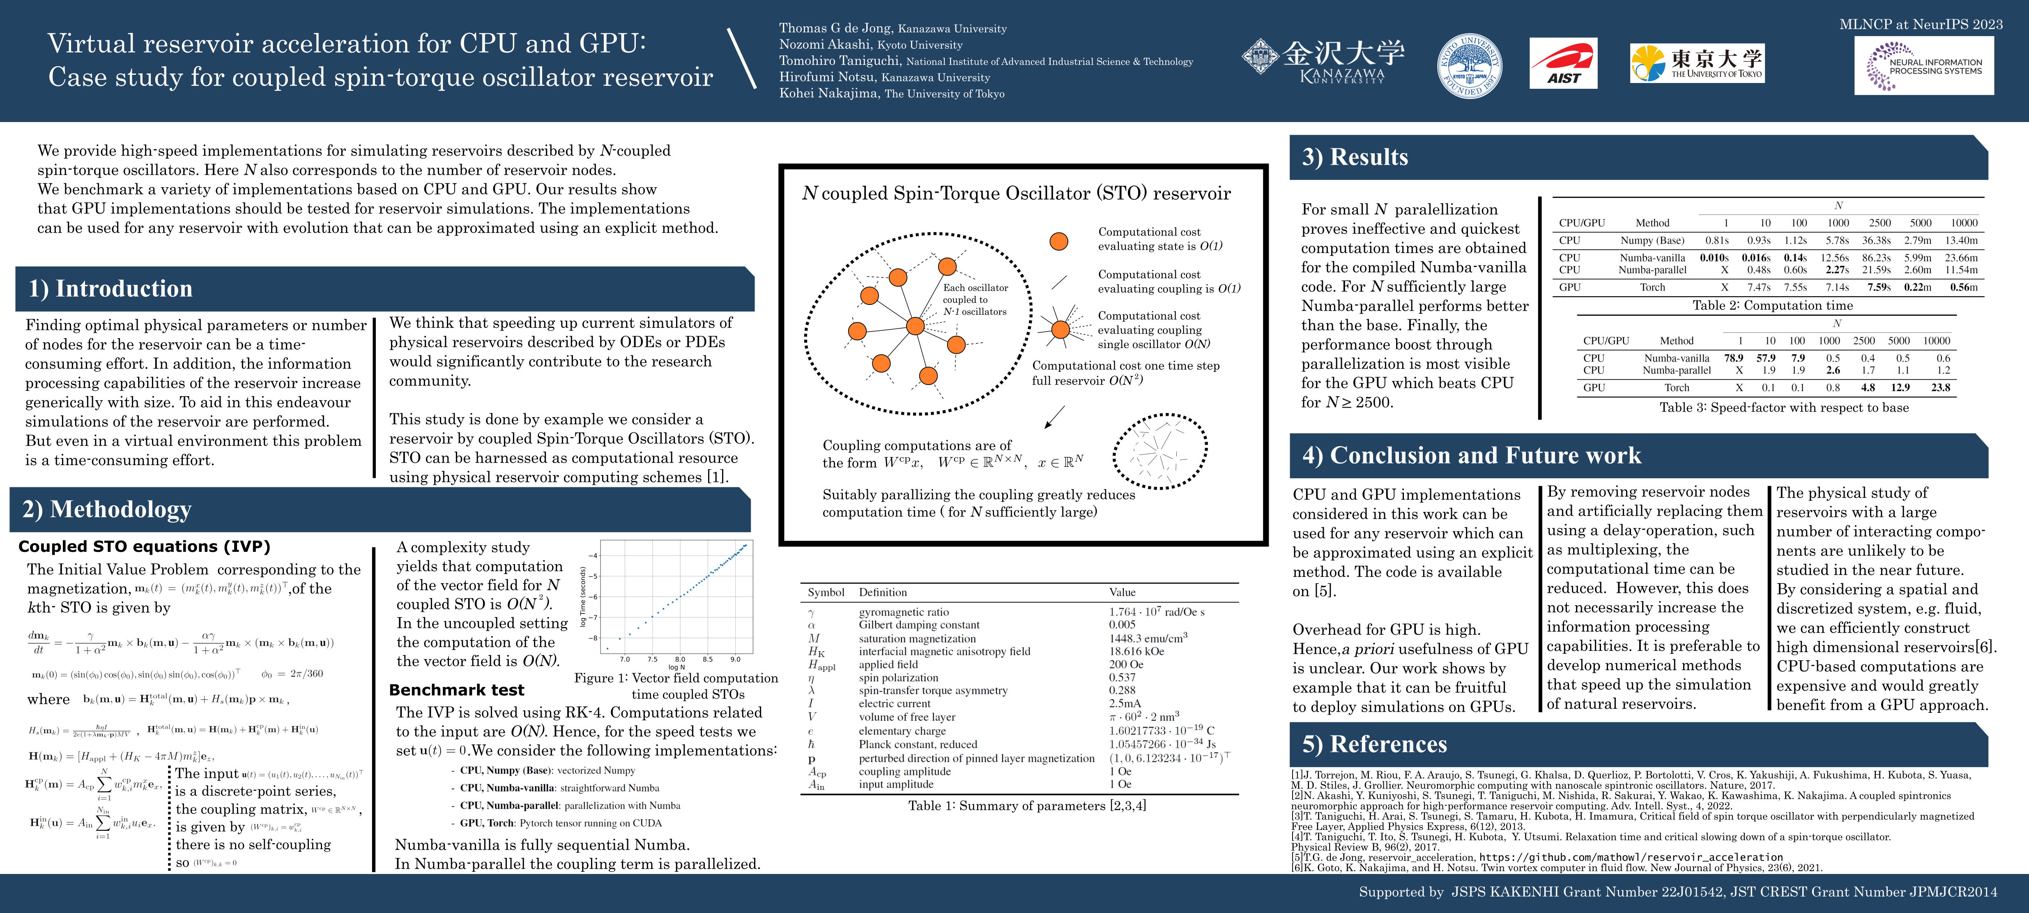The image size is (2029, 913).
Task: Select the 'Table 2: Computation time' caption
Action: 1772,306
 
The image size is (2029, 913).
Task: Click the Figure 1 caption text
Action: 676,685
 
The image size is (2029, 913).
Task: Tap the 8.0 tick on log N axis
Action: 680,659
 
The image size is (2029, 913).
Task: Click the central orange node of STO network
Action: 914,326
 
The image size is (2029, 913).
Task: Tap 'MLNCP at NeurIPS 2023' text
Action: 1920,24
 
